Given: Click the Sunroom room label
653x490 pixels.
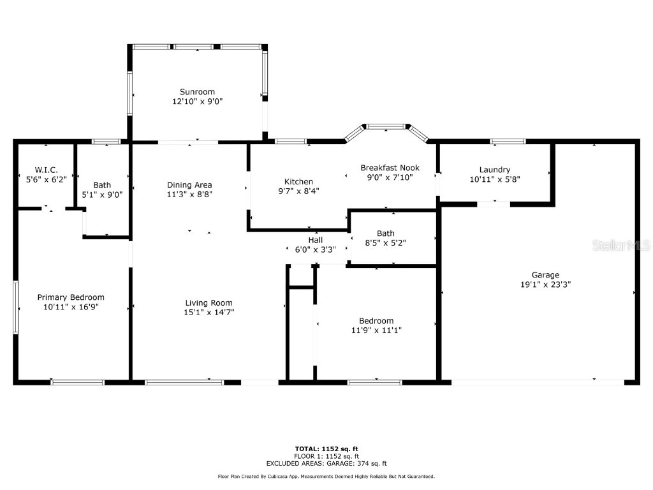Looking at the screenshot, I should [x=197, y=92].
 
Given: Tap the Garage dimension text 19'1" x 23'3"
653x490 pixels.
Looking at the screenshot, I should [x=545, y=285].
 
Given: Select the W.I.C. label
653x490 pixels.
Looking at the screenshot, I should [x=47, y=170].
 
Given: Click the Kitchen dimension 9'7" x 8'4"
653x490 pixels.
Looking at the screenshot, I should [x=298, y=191].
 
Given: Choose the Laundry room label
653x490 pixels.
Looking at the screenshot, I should [x=495, y=170].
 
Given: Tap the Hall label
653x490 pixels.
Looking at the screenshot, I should [x=316, y=240].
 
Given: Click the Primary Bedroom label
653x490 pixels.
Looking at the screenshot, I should [x=71, y=297].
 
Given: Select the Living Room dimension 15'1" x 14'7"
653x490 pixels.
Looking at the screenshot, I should [x=209, y=313].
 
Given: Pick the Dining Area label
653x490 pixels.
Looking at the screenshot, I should [x=189, y=185].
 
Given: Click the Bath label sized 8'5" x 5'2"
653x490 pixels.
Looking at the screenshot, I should [x=386, y=234].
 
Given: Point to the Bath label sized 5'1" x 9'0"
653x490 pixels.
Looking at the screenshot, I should [x=102, y=185].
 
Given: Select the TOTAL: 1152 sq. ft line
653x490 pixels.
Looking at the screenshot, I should [x=326, y=449].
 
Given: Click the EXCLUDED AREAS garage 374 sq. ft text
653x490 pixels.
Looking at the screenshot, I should [x=326, y=464].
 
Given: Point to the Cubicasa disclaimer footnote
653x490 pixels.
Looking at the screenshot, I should [x=326, y=477].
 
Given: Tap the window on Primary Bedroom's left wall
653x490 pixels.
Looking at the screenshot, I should [x=15, y=306].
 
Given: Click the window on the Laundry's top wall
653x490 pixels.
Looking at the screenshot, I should [x=508, y=141].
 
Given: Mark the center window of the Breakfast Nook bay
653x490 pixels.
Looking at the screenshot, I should [x=386, y=126].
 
